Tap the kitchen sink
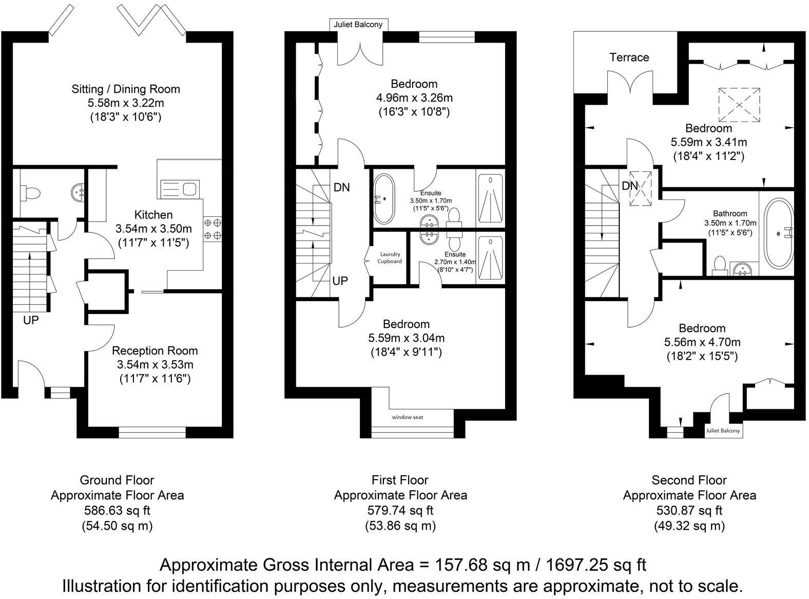[x=179, y=188]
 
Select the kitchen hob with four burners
[x=213, y=229]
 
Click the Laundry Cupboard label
[x=390, y=257]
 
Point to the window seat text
[x=408, y=417]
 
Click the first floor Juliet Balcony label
[x=358, y=24]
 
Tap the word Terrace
[x=629, y=57]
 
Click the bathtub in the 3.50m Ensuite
[x=384, y=199]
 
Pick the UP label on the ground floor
[x=31, y=320]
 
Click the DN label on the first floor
[x=341, y=187]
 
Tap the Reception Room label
[x=155, y=351]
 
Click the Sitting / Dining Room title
[x=126, y=89]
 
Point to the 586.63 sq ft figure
[x=117, y=510]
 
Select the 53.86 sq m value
[x=400, y=526]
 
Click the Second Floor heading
[x=689, y=480]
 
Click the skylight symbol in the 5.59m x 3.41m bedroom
[x=739, y=105]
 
